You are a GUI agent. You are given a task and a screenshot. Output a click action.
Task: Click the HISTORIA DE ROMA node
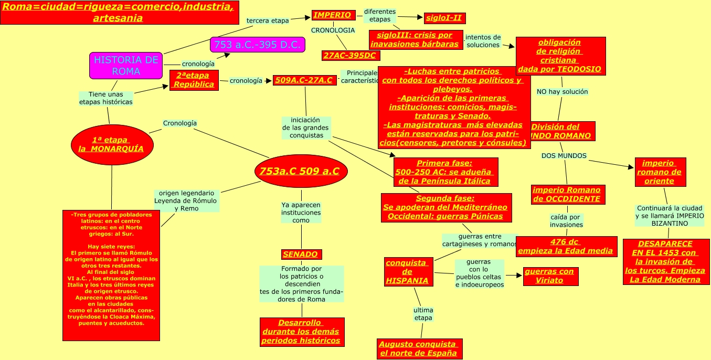pos(126,66)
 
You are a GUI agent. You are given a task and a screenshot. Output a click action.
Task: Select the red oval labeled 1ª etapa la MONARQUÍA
pos(112,144)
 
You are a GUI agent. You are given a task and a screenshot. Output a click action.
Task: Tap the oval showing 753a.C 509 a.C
pos(301,171)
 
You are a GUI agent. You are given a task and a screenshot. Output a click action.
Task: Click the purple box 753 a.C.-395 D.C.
pos(257,45)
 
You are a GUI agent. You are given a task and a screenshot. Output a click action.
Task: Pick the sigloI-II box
pos(444,18)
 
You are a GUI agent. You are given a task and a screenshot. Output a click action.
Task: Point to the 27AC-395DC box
pos(351,56)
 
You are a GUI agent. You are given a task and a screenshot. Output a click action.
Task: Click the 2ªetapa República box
pos(194,80)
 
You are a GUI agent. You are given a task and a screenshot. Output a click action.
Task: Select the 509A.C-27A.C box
pos(304,80)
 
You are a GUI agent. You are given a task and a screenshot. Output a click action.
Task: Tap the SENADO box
pos(301,255)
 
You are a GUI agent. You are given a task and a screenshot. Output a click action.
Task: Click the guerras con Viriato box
pos(550,276)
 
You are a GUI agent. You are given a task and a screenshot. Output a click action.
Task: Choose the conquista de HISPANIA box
pos(408,272)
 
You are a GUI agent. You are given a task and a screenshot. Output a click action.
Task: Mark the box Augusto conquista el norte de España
pos(420,349)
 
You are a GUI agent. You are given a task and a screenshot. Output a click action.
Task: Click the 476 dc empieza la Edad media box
pos(566,246)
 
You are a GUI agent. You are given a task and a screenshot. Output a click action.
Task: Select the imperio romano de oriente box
pos(660,172)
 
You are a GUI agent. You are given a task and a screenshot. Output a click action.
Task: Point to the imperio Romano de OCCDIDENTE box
pos(567,195)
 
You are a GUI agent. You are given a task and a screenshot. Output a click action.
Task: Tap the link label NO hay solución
pos(562,92)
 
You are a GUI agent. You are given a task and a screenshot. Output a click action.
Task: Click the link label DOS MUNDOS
pos(564,156)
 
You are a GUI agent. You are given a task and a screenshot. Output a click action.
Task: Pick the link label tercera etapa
pos(268,21)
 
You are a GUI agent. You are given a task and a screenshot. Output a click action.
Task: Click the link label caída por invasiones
pos(566,221)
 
